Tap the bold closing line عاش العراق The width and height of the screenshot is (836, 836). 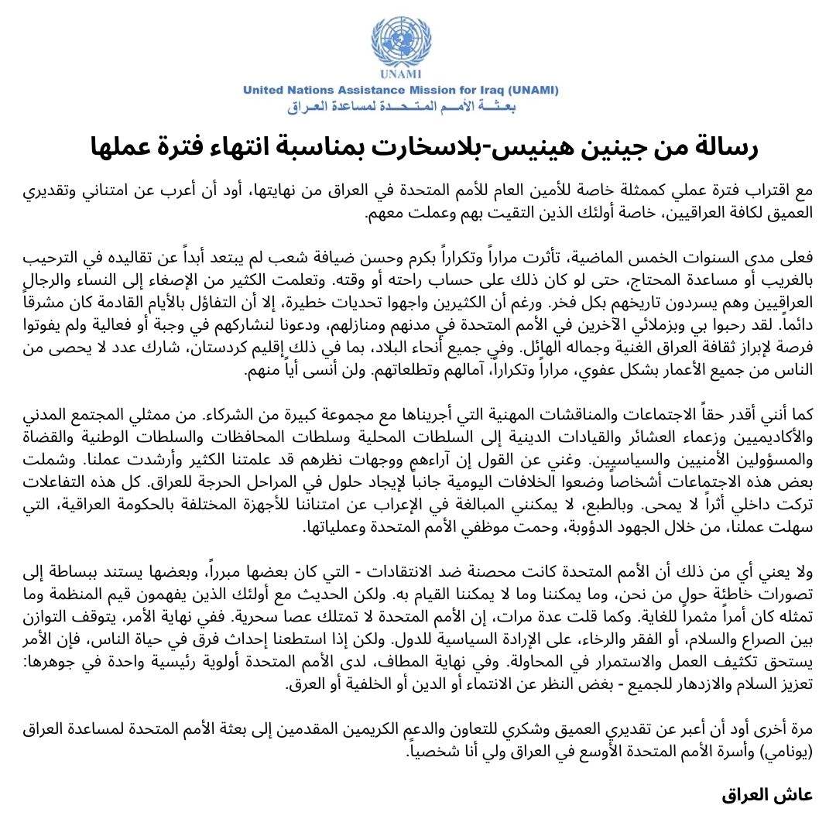tap(768, 795)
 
